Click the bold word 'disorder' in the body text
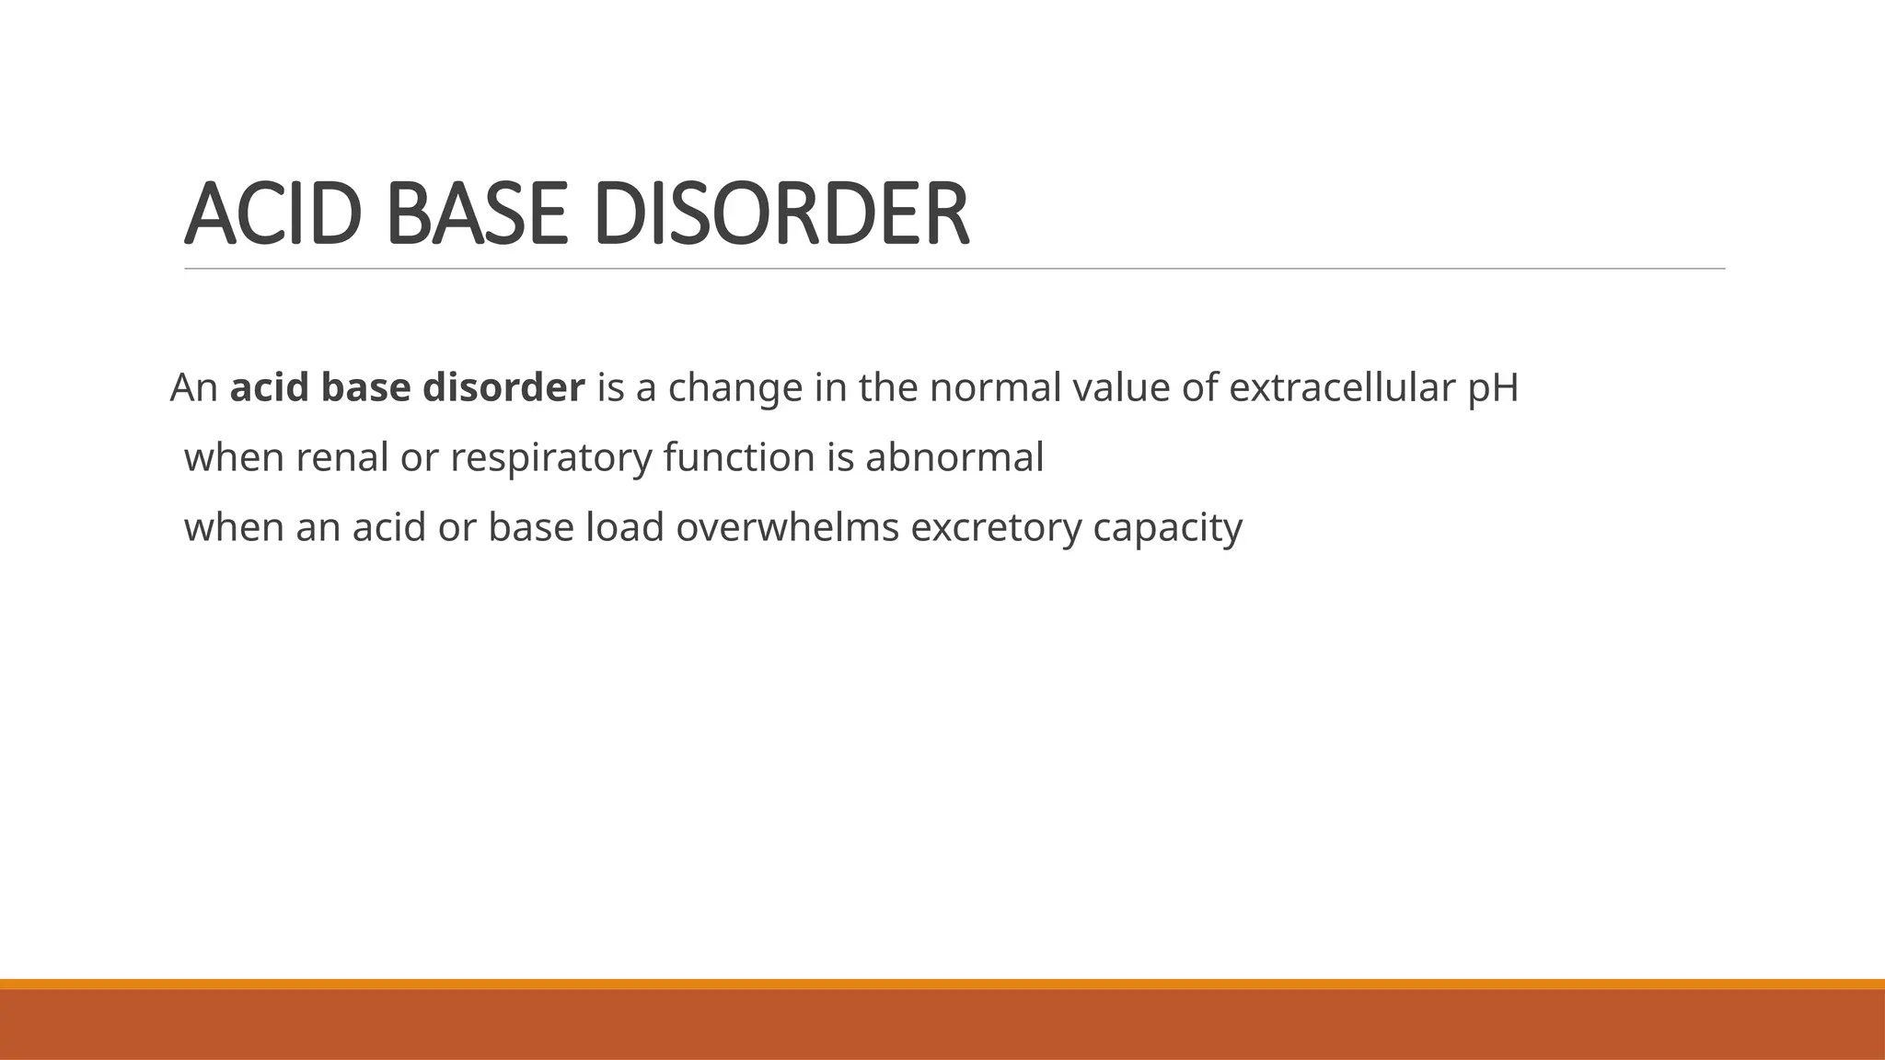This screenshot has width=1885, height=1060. (503, 387)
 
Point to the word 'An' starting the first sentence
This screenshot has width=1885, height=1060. (193, 387)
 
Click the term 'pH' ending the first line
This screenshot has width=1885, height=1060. (1493, 387)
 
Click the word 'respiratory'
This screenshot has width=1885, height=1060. (550, 457)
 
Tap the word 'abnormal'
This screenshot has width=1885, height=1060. (954, 457)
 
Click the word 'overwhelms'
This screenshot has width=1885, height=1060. (787, 527)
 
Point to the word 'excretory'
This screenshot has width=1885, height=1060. (996, 527)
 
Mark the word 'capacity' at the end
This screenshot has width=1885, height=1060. (1168, 527)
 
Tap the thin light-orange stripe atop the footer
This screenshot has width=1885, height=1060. (942, 984)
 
